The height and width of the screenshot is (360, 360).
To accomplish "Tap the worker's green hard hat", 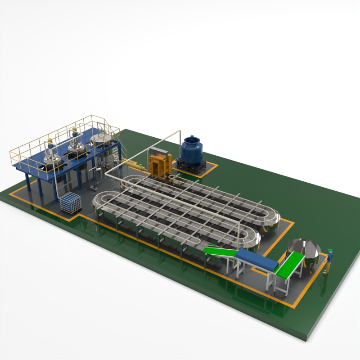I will point(330,250).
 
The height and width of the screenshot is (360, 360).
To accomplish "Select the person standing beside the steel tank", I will point(329,261).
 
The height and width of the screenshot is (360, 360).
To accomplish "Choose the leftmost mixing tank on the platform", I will point(51,155).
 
